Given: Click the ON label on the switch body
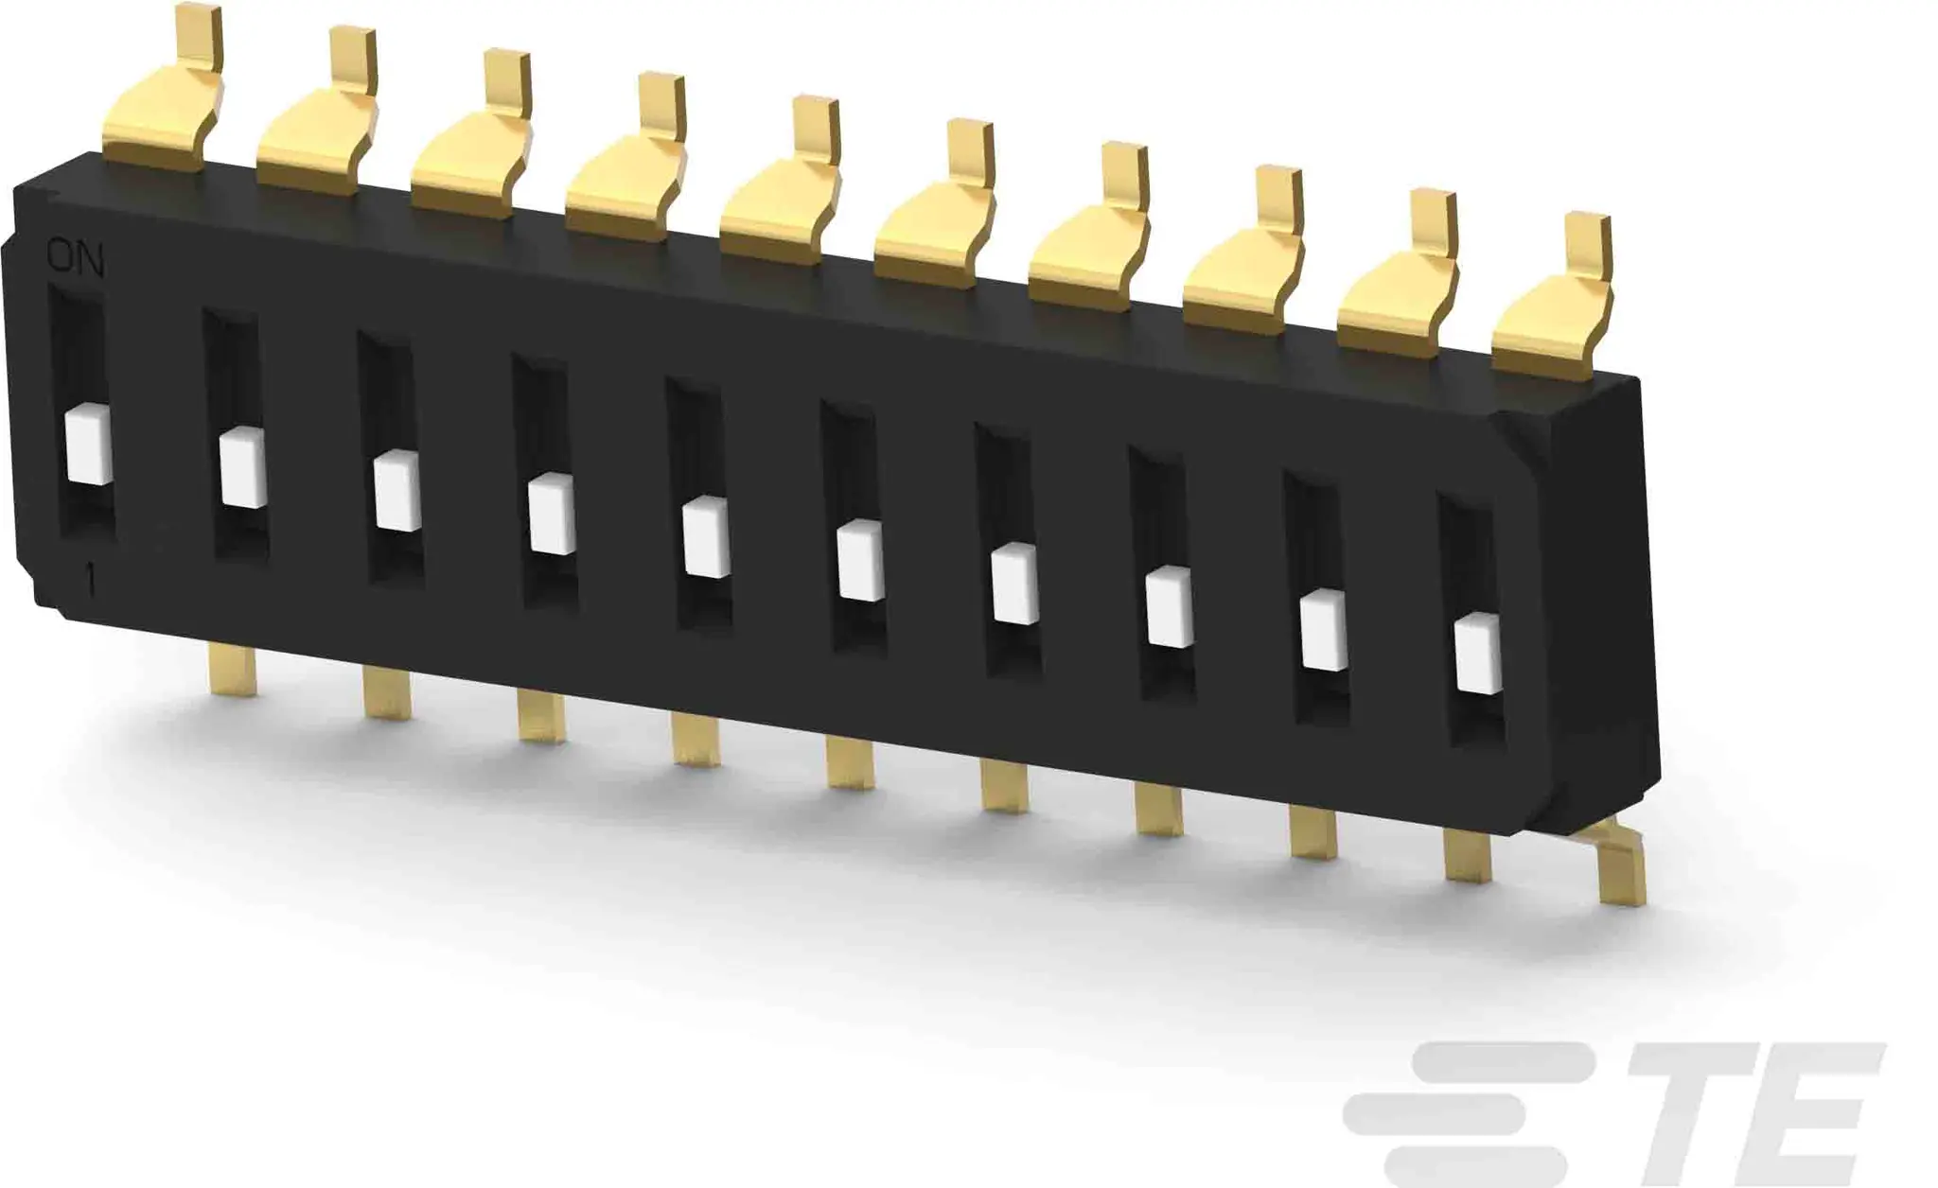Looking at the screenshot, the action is click(76, 258).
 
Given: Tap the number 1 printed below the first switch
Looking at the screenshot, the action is click(91, 580).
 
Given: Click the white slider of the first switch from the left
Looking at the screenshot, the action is click(89, 447).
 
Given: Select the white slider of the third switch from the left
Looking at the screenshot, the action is click(396, 491).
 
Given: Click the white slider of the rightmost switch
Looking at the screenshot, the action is click(1479, 653).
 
